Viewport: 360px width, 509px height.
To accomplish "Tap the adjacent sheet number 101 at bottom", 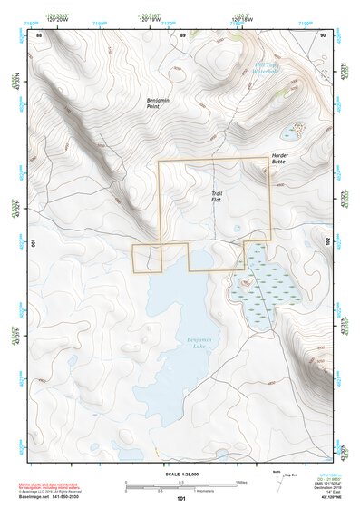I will tap(181, 499).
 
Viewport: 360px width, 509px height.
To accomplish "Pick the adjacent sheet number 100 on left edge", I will tap(33, 244).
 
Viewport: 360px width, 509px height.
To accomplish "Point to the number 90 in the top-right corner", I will tap(322, 34).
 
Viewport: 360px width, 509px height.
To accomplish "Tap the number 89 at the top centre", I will tap(182, 34).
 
